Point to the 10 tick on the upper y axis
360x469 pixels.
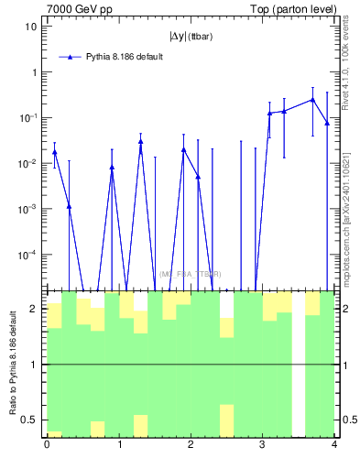click(x=31, y=27)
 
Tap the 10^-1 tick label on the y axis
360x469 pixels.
click(x=27, y=117)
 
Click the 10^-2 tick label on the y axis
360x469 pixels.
click(x=27, y=163)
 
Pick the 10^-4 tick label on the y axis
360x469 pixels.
click(x=27, y=254)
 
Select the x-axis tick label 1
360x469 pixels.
click(x=118, y=445)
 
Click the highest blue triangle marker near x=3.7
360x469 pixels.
click(x=312, y=100)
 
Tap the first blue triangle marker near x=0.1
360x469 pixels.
click(x=55, y=152)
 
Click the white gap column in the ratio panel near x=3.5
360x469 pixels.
click(x=299, y=364)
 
